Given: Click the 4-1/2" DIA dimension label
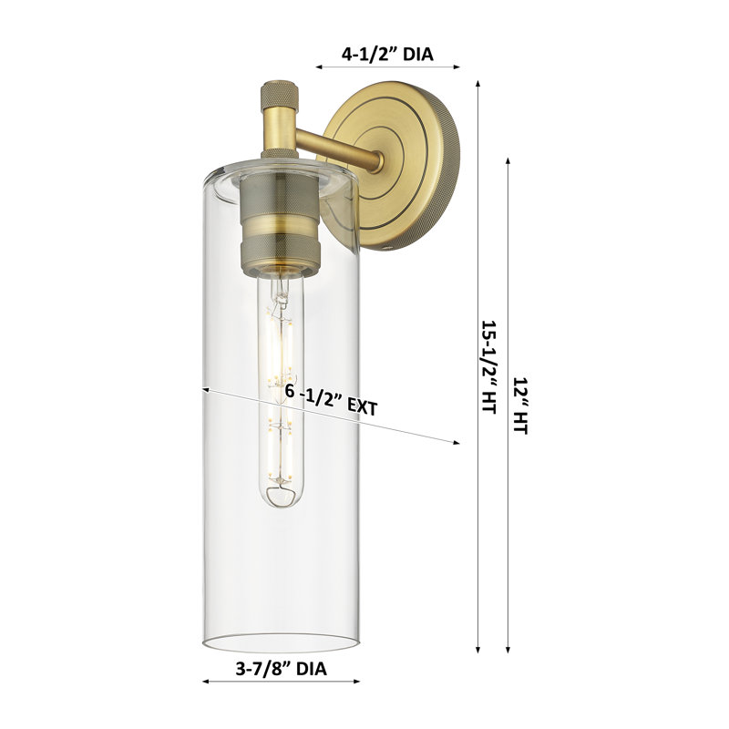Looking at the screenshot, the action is pyautogui.click(x=387, y=55).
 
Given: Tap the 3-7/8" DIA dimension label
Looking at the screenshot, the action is pyautogui.click(x=281, y=669).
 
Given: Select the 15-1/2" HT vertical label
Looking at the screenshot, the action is pyautogui.click(x=488, y=366).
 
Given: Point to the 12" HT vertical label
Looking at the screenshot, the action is pyautogui.click(x=520, y=406).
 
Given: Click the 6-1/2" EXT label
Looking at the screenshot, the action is pyautogui.click(x=332, y=400).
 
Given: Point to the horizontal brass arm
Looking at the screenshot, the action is pyautogui.click(x=340, y=146).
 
